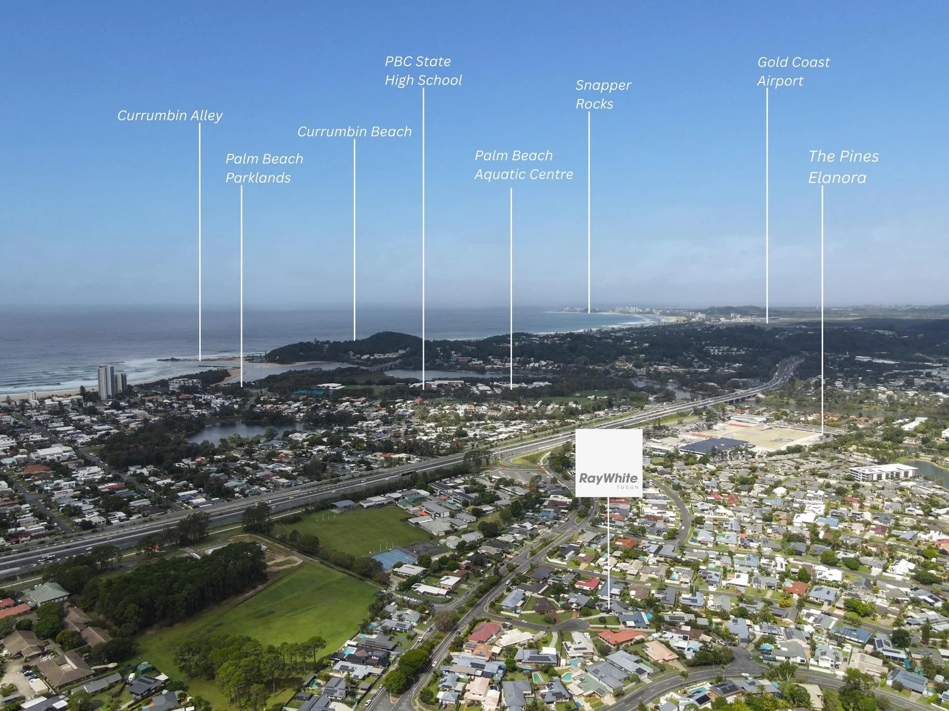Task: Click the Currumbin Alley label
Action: [x=170, y=115]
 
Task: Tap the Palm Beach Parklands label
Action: [x=264, y=168]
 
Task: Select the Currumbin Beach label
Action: [x=354, y=132]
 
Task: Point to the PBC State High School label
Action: [x=423, y=70]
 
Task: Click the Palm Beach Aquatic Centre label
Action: [x=523, y=165]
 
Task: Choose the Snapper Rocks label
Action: [x=603, y=94]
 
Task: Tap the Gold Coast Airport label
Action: [x=793, y=71]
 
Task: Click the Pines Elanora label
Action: [x=843, y=167]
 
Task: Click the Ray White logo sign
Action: [x=608, y=463]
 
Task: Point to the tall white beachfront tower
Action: [x=105, y=382]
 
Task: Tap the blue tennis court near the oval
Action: [x=393, y=559]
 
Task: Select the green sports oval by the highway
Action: [x=359, y=529]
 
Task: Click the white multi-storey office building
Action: [x=882, y=472]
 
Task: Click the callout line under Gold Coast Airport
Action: [x=766, y=204]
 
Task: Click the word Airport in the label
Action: [x=780, y=81]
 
